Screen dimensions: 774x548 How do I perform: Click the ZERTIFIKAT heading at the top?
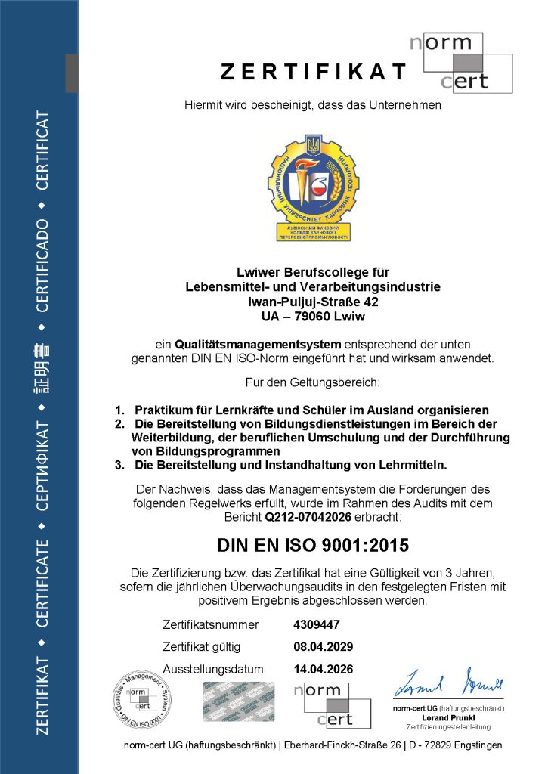point(313,72)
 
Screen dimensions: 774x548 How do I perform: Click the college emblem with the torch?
point(312,186)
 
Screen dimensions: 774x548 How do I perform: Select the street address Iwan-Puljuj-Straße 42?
point(312,302)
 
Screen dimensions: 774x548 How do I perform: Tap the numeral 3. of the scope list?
point(119,465)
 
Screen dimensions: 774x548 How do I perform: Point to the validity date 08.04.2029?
point(323,647)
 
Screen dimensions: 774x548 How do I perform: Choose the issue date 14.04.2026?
point(323,670)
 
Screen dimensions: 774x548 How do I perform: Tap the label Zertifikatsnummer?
point(211,624)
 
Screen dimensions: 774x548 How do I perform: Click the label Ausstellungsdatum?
point(213,670)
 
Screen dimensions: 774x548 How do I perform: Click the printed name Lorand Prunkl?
point(441,717)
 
